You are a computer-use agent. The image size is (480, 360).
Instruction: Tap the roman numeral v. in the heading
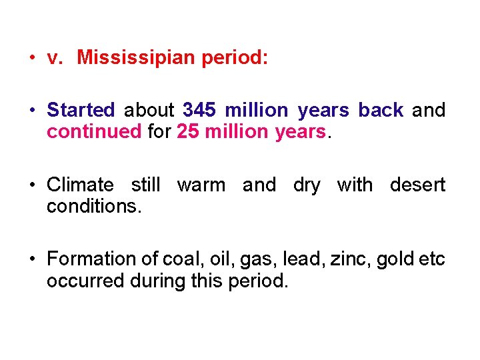55,59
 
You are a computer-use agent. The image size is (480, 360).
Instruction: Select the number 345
200,110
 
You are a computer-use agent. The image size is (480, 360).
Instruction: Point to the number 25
188,132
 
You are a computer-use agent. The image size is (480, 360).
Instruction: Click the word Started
81,110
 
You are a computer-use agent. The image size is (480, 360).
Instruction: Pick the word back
381,110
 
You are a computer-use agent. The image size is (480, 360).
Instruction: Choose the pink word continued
94,132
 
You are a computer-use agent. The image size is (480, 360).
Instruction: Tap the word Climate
80,185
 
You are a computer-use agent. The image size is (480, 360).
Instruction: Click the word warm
201,185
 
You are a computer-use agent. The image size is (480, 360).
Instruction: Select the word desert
417,185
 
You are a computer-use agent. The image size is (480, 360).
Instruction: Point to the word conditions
94,207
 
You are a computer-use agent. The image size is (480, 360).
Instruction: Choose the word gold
395,259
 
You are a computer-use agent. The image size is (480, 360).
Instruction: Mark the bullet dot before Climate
32,185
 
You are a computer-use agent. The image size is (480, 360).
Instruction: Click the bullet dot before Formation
32,259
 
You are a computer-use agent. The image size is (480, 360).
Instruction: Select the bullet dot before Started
32,110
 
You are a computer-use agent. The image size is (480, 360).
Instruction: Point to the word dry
307,185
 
